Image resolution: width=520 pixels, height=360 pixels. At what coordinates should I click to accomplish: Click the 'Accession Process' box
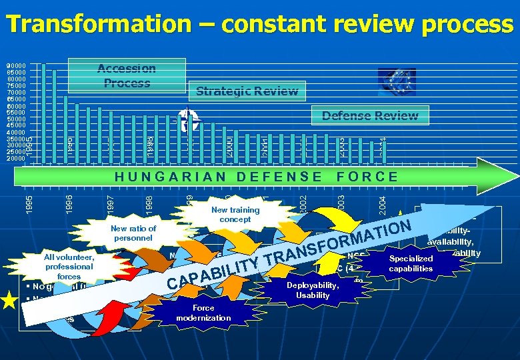click(127, 75)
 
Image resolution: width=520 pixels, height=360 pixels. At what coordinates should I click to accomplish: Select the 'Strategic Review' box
click(247, 91)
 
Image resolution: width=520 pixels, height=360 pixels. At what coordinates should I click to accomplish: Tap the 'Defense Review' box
click(370, 115)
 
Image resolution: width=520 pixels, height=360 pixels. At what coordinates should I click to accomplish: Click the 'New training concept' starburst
click(235, 214)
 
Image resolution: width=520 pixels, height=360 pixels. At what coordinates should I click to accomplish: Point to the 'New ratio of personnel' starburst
click(134, 233)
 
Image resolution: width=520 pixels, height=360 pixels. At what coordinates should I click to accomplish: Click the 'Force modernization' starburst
click(203, 313)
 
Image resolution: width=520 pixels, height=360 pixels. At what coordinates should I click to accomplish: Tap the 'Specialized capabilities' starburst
click(411, 263)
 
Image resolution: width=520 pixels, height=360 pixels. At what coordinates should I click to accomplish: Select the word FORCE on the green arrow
click(367, 177)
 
